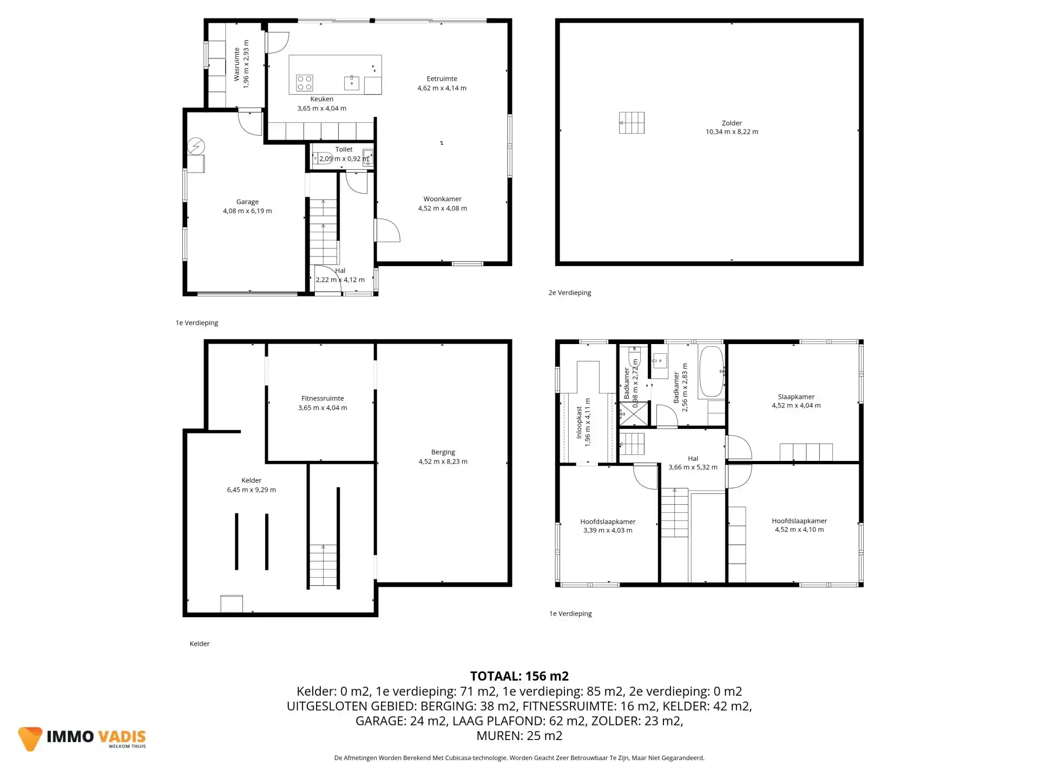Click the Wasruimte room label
236,64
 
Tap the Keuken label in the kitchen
321,99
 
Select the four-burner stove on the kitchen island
304,83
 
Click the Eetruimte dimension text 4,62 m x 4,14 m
442,88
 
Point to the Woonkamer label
442,199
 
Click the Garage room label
247,202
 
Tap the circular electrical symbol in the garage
195,146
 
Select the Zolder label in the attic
732,123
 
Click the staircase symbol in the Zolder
632,123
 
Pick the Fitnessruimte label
323,399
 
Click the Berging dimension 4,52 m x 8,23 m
443,461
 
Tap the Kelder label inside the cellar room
251,480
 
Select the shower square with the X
633,413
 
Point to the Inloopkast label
579,422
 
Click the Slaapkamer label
796,397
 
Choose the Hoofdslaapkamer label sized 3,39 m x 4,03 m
608,522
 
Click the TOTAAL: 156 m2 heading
519,676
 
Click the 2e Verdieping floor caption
569,293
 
